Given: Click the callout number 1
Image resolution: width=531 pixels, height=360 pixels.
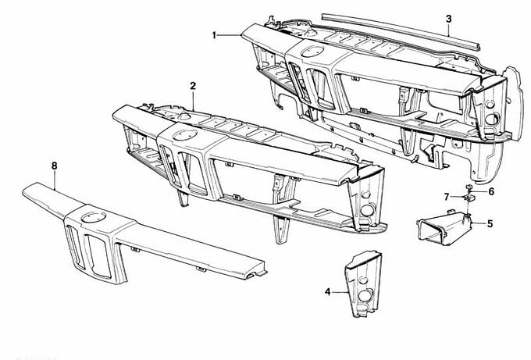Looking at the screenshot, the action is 214,35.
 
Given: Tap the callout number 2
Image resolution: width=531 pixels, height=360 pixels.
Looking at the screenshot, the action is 193,86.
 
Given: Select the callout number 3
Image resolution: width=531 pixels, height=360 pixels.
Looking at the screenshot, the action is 449,19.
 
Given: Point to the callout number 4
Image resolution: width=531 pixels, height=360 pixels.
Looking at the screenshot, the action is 327,291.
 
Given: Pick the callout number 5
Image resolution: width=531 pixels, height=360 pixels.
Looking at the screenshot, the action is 490,224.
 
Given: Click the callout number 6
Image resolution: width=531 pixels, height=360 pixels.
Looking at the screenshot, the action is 491,191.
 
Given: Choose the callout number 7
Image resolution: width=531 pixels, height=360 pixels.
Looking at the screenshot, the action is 447,197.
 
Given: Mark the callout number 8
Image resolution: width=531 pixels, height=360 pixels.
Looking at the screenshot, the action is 54,166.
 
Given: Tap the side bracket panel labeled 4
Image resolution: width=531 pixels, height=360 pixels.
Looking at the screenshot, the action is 363,284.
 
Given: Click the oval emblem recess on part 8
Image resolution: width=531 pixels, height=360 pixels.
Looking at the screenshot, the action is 94,217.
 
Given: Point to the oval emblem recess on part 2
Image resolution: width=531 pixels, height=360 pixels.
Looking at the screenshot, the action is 185,134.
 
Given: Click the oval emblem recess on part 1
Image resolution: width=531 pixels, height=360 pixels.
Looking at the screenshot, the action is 312,51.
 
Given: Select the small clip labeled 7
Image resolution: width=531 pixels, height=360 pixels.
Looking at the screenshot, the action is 469,198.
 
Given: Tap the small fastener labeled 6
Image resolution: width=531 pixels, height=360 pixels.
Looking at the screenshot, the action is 469,187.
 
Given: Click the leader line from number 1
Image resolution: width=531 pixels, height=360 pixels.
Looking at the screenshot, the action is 230,35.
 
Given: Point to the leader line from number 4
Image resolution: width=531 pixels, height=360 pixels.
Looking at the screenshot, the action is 340,291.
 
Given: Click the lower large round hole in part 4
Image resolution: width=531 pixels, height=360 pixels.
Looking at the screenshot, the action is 365,296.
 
